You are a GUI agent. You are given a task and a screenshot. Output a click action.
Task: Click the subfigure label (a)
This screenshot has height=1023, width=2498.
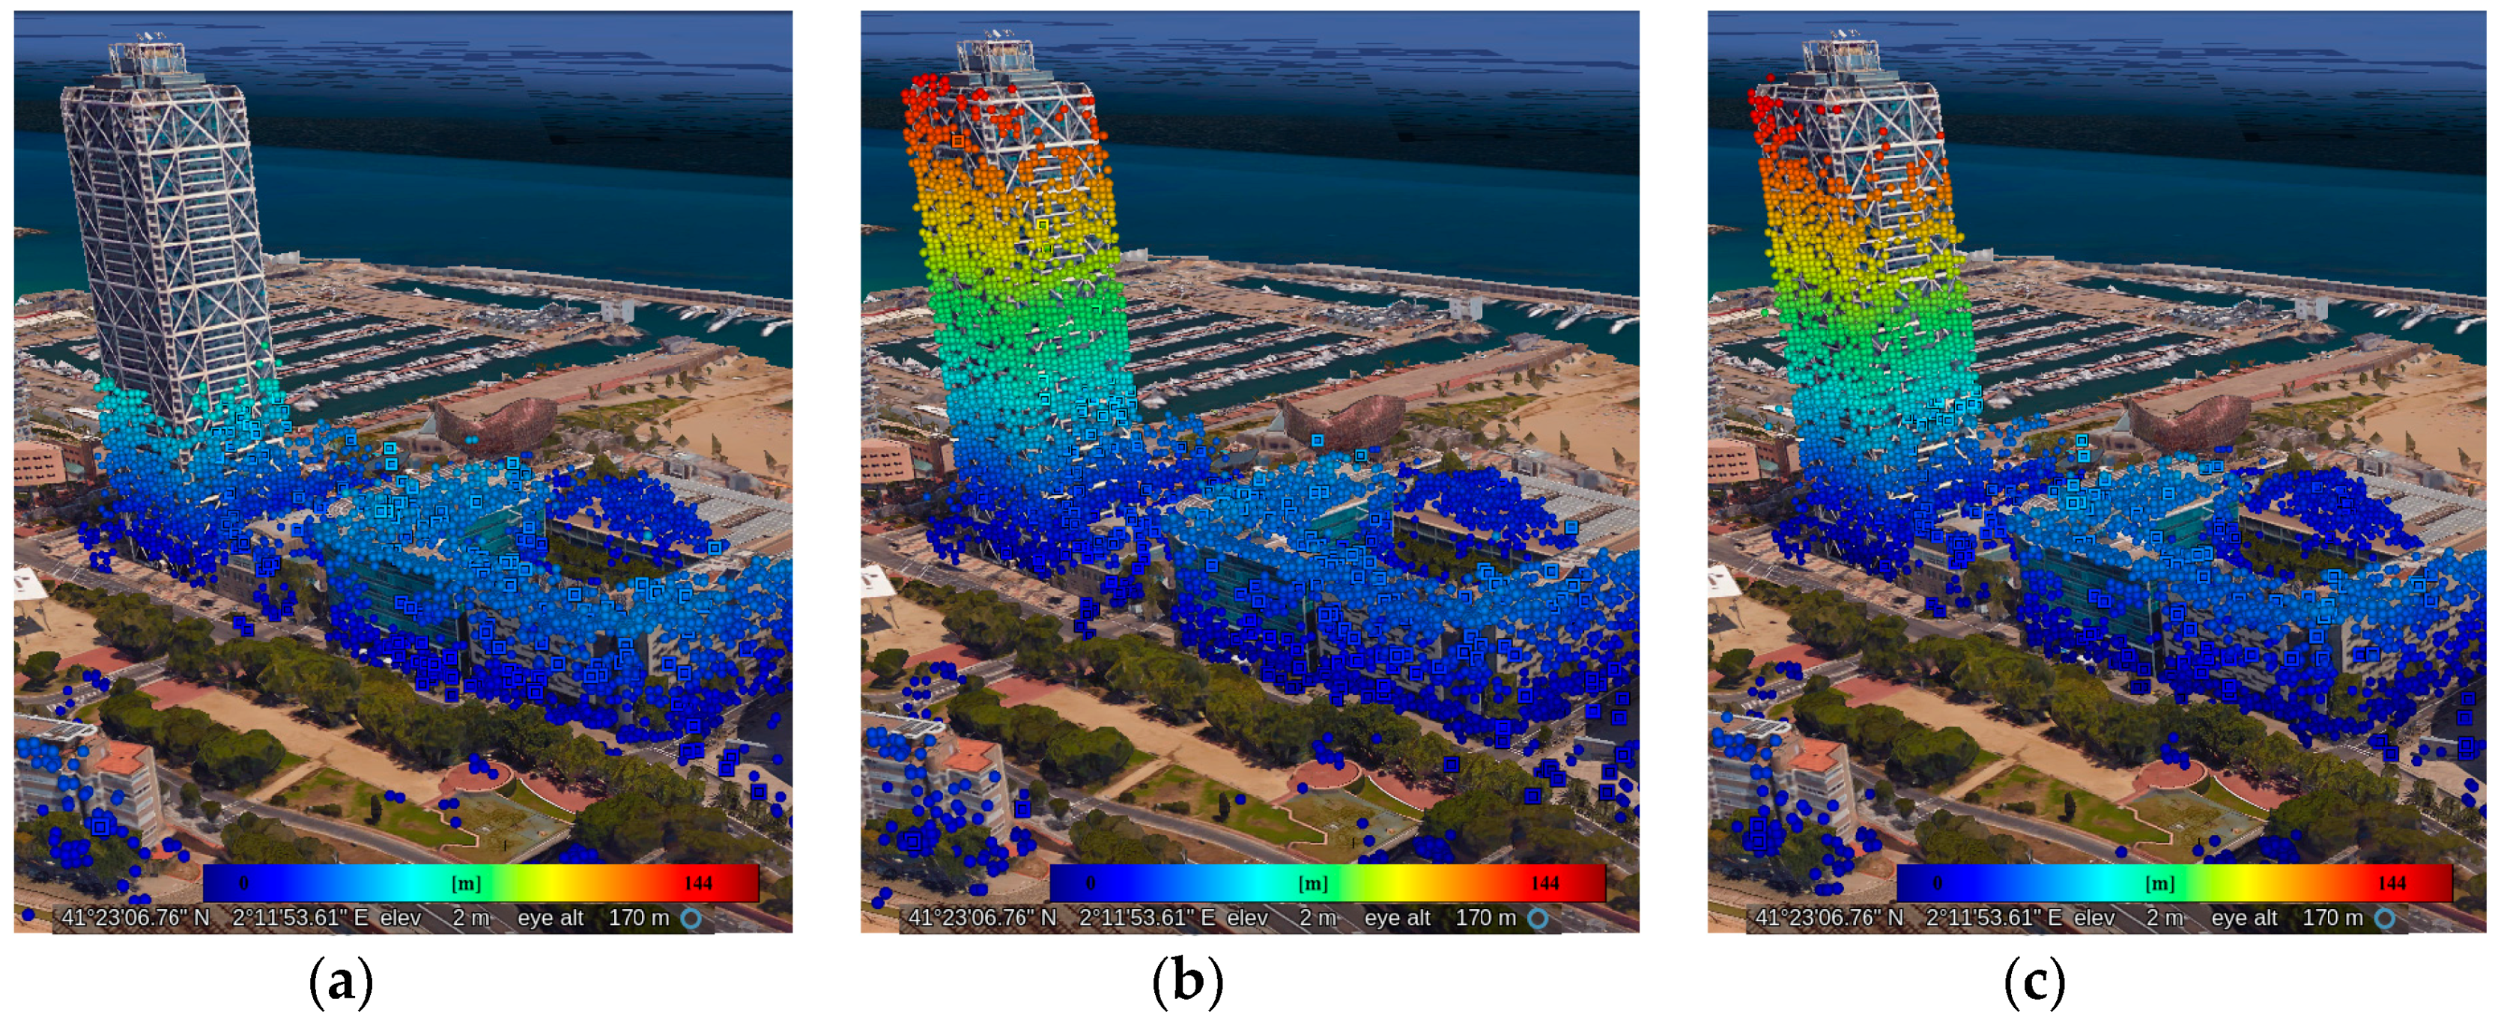(340, 983)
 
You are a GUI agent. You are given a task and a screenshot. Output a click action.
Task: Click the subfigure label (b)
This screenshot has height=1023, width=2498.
(1187, 983)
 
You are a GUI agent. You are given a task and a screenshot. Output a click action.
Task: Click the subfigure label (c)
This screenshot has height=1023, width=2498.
(2034, 983)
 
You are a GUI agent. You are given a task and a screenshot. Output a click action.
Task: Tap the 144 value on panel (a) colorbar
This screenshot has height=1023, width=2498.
(697, 882)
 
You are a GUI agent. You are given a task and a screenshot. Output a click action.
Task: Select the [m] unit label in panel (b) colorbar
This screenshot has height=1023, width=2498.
(1312, 884)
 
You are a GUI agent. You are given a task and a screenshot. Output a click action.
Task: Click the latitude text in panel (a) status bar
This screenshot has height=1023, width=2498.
(136, 917)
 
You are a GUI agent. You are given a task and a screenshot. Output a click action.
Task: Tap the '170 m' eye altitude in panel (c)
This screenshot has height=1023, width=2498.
(2332, 917)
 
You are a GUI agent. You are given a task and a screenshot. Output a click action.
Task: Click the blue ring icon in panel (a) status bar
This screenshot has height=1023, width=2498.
(691, 917)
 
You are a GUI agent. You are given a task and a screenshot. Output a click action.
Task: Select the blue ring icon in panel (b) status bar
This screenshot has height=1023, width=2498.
(1538, 917)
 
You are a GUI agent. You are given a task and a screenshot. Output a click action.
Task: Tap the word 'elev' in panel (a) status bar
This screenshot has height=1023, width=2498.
(399, 917)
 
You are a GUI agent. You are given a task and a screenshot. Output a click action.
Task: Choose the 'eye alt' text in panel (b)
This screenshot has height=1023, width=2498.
(1396, 917)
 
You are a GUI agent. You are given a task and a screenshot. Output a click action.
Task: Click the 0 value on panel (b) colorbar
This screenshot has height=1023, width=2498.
(1090, 882)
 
